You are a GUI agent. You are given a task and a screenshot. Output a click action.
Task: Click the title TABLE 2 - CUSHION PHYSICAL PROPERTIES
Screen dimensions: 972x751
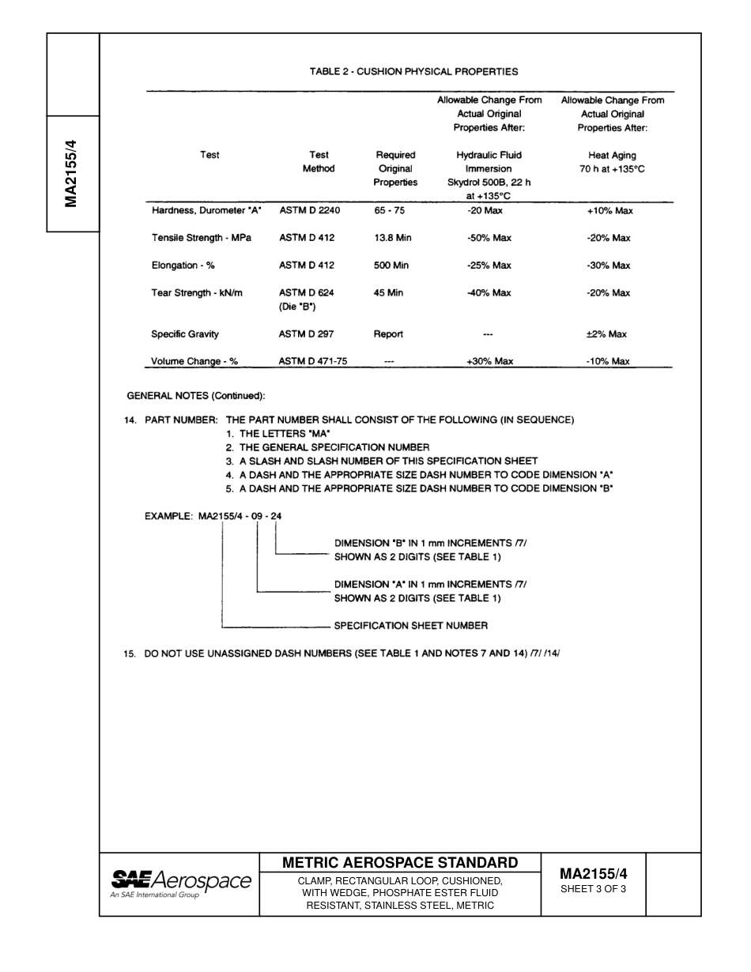click(413, 71)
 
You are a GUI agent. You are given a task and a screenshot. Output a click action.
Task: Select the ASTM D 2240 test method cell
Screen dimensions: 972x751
click(309, 211)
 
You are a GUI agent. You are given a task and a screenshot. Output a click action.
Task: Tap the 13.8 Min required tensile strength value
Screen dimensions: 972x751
click(392, 238)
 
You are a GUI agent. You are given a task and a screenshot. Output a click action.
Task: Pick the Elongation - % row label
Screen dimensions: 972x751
click(183, 266)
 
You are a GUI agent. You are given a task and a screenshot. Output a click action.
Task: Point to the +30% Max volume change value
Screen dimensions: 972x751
click(489, 361)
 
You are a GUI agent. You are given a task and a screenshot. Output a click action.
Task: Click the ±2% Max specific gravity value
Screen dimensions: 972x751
click(606, 334)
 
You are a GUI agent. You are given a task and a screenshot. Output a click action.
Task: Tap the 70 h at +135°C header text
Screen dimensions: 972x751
click(612, 169)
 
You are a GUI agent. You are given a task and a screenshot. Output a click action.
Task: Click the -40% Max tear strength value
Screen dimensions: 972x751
click(489, 293)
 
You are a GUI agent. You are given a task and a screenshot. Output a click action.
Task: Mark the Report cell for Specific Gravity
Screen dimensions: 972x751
click(388, 334)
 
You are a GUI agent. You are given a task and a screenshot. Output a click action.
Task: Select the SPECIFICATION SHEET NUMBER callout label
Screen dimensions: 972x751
click(410, 626)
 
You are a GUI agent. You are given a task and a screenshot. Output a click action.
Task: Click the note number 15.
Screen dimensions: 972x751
click(130, 654)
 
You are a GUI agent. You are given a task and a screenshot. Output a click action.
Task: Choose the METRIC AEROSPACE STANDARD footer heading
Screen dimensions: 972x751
click(400, 863)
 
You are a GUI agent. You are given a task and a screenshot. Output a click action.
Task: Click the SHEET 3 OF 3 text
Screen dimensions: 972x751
click(593, 889)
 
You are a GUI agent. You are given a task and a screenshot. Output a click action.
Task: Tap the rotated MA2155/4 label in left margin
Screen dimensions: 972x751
click(72, 174)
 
